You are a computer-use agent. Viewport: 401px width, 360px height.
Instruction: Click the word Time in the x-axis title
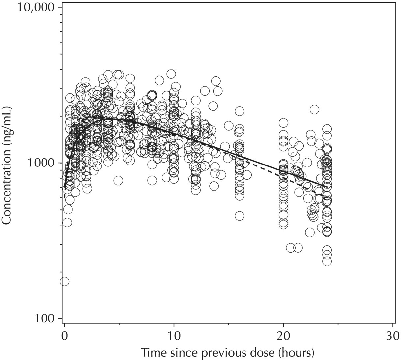point(152,352)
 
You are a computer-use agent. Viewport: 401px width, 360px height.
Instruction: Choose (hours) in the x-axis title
point(295,352)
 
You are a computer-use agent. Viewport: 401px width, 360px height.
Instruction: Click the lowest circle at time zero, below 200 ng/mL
point(64,281)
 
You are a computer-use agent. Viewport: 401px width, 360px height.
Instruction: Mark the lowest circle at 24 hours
point(327,261)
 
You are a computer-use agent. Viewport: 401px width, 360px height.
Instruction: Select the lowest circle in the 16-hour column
point(240,216)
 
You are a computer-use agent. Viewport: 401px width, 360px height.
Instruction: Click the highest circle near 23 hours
point(314,109)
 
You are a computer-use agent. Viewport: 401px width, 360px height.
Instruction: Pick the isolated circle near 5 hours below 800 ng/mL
point(118,180)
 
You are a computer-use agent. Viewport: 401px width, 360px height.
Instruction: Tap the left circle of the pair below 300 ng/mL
point(291,248)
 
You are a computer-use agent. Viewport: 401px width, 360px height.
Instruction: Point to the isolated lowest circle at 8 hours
point(152,180)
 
